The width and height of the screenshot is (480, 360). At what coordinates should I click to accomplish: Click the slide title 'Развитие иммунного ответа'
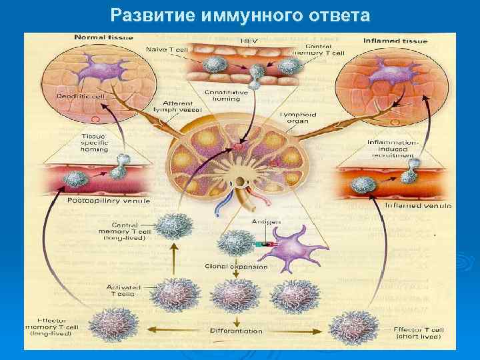[x=240, y=15]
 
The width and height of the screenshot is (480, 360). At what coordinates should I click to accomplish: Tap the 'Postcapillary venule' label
[x=108, y=200]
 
